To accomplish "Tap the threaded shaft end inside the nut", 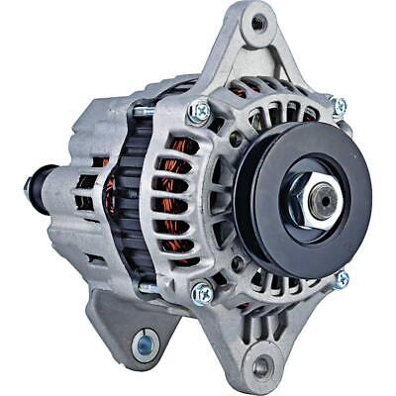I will (x=320, y=199).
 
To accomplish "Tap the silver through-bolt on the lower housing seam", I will (x=148, y=288).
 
